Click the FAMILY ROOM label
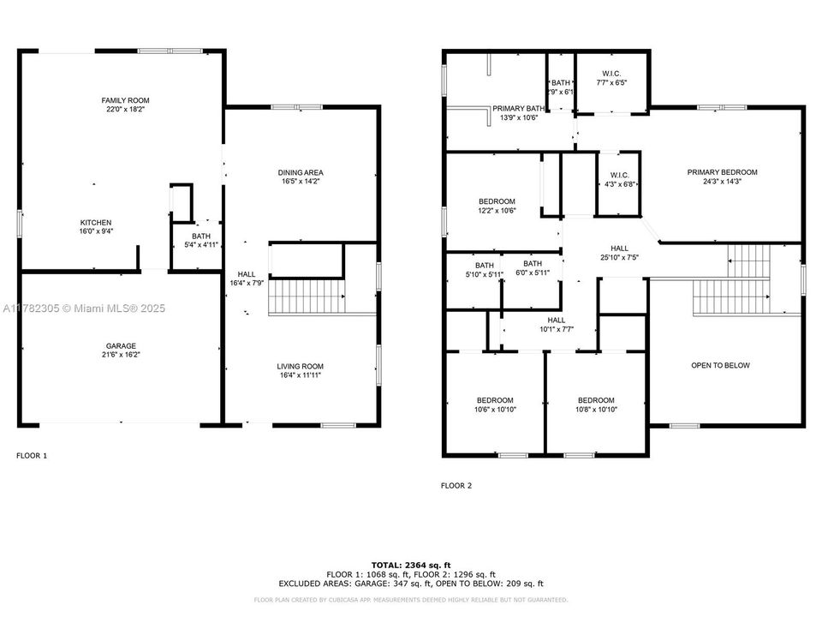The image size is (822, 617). tap(126, 100)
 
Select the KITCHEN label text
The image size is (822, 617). tap(96, 222)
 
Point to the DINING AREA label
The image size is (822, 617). tap(301, 172)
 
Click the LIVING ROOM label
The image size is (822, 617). tap(301, 366)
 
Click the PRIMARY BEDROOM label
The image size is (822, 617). tap(722, 172)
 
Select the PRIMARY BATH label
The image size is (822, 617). tap(518, 109)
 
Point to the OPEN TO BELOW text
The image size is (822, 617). tap(720, 366)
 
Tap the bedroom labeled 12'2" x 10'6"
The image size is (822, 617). tap(497, 201)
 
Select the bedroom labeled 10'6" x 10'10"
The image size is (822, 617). tap(495, 400)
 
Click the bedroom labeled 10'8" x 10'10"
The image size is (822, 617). tap(595, 400)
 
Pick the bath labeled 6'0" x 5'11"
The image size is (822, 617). tap(533, 264)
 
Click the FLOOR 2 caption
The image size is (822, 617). tap(456, 486)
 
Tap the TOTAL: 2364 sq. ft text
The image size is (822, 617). tap(410, 566)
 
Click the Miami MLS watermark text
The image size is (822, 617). tap(83, 308)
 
